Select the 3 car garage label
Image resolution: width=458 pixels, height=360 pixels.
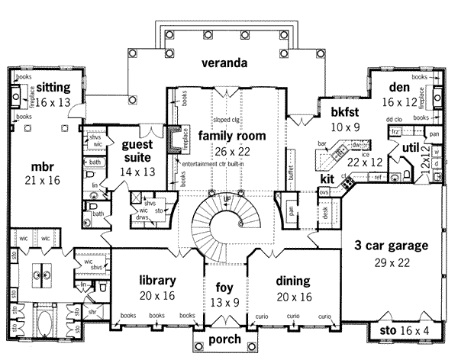coord(390,246)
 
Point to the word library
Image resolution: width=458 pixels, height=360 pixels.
coord(158,279)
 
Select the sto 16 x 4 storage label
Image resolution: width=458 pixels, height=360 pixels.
coord(410,330)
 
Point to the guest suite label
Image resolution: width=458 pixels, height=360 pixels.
coord(138,151)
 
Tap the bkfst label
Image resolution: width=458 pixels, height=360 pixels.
coord(340,111)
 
